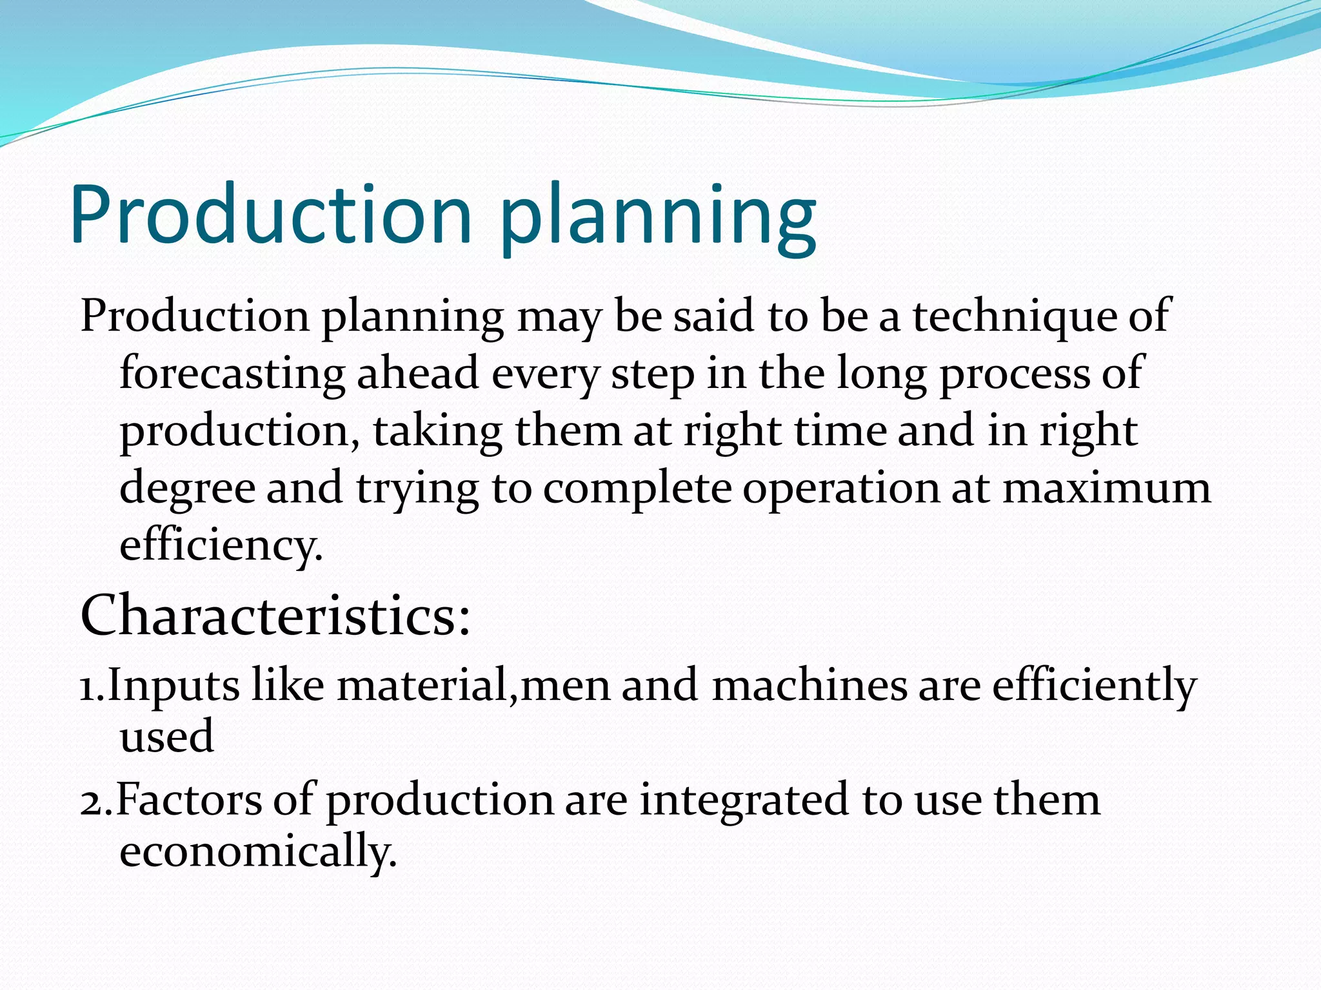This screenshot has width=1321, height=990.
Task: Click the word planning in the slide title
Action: tap(658, 219)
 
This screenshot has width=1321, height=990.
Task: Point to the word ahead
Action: tap(418, 374)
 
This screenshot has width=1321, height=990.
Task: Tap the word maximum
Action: tap(1106, 489)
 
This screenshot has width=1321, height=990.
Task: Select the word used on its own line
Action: tap(166, 737)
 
